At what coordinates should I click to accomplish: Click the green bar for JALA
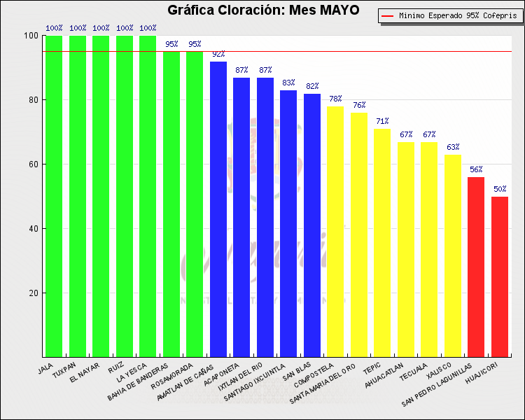[x=54, y=196]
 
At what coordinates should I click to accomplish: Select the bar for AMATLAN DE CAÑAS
[x=218, y=209]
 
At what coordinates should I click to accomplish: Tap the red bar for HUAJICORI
[x=500, y=276]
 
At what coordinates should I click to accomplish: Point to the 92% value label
[x=218, y=55]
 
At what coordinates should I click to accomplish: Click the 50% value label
[x=500, y=190]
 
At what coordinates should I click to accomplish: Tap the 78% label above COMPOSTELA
[x=335, y=99]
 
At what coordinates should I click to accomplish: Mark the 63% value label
[x=453, y=148]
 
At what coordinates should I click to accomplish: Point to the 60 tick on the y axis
[x=33, y=164]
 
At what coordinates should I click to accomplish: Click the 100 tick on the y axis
[x=31, y=36]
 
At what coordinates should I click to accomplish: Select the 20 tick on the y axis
[x=33, y=293]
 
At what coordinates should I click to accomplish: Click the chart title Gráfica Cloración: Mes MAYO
[x=263, y=10]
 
